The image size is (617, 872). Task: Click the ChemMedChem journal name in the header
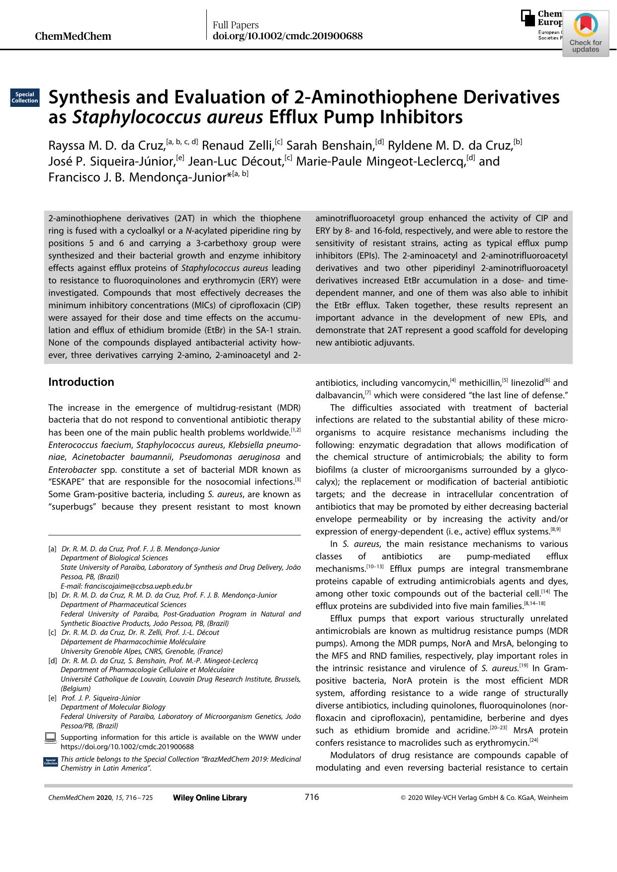click(x=74, y=36)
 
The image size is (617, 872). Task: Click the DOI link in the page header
click(x=287, y=36)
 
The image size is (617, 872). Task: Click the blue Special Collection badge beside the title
click(x=24, y=97)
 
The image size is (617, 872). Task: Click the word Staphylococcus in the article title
click(x=168, y=118)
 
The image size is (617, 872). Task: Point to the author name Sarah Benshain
click(x=331, y=146)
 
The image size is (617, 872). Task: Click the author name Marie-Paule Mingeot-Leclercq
click(x=381, y=162)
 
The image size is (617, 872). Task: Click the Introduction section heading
click(x=81, y=382)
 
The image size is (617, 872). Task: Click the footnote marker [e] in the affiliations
click(x=52, y=698)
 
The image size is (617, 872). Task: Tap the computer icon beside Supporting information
click(x=50, y=738)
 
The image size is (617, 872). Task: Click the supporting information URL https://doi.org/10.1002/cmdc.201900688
click(x=127, y=746)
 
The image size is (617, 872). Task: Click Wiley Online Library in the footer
click(x=209, y=798)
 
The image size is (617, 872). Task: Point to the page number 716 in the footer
click(x=311, y=797)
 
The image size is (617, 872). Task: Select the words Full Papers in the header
click(x=236, y=25)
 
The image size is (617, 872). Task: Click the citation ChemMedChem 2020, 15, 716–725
click(x=100, y=798)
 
